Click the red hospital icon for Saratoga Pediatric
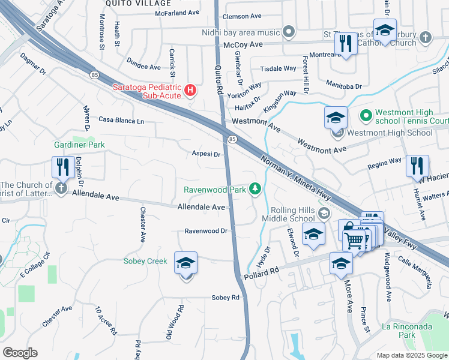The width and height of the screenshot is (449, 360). [190, 91]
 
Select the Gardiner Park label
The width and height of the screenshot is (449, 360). [79, 145]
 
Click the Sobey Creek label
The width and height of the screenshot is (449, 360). [145, 261]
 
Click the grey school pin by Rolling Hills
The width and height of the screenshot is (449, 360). [324, 213]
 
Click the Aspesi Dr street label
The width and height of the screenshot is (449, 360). [206, 154]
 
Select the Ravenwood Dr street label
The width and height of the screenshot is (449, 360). [206, 230]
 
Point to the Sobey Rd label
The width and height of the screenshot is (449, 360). [225, 297]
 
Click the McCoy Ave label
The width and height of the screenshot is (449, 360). [243, 45]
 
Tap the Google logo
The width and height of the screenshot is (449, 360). [20, 353]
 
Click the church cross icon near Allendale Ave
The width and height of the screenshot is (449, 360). [61, 188]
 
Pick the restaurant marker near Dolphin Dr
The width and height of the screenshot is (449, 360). [62, 167]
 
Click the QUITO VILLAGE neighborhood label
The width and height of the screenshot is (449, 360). [130, 3]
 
